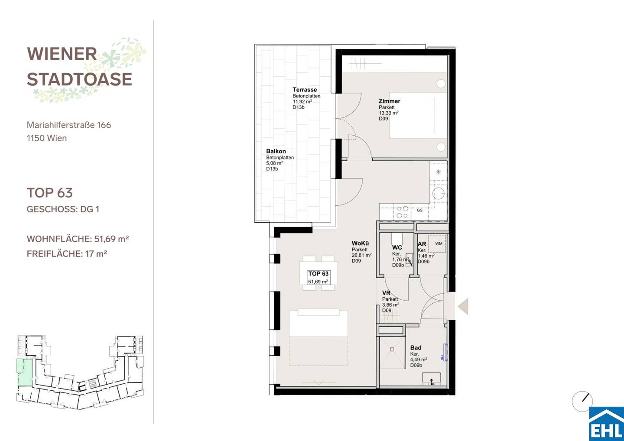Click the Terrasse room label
pos(305,90)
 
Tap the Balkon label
pos(276,151)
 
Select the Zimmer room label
pos(389,101)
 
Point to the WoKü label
pos(360,243)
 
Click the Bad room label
pos(416,347)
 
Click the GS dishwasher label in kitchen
pos(419,210)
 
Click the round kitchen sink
pos(438,194)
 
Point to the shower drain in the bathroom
pos(392,350)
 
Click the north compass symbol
pos(582,401)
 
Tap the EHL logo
pos(607,424)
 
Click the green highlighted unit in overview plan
pos(25,372)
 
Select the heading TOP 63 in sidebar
pos(49,193)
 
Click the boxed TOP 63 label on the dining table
pos(318,277)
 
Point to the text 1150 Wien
pos(47,138)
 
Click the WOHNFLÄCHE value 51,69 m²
pos(111,239)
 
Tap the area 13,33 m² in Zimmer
pos(389,113)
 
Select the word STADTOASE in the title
pos(79,79)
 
